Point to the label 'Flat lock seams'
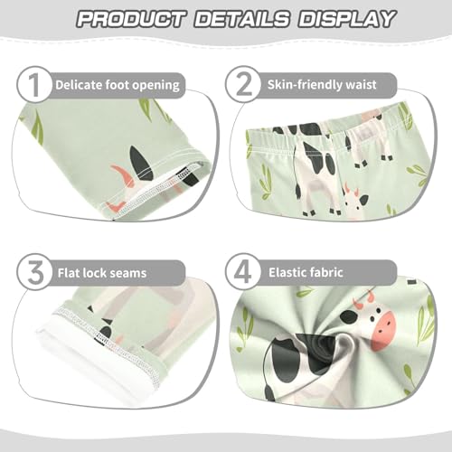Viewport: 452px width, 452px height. click(x=101, y=270)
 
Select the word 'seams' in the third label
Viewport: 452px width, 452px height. click(x=127, y=270)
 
